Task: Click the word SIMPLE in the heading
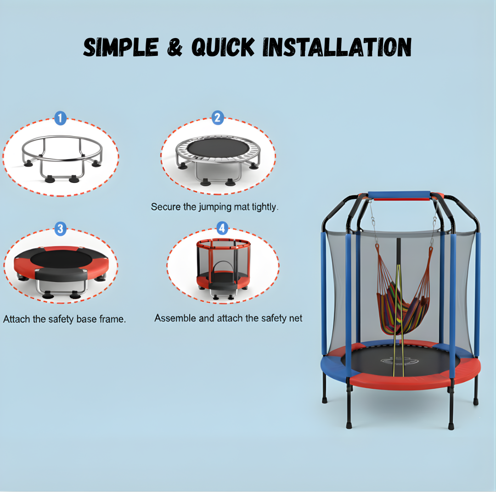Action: coord(121,47)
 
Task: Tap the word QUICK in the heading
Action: coord(223,47)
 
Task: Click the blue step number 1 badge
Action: coord(60,119)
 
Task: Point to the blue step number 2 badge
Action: coord(218,118)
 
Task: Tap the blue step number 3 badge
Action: coord(60,228)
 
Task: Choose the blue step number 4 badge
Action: coord(222,228)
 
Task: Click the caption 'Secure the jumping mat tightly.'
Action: coord(214,207)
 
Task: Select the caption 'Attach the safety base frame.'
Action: coord(64,319)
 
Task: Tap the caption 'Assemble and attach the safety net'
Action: coord(228,318)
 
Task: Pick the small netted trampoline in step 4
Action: coord(224,266)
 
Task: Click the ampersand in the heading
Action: coord(175,47)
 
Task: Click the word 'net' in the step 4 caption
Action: coord(295,318)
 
